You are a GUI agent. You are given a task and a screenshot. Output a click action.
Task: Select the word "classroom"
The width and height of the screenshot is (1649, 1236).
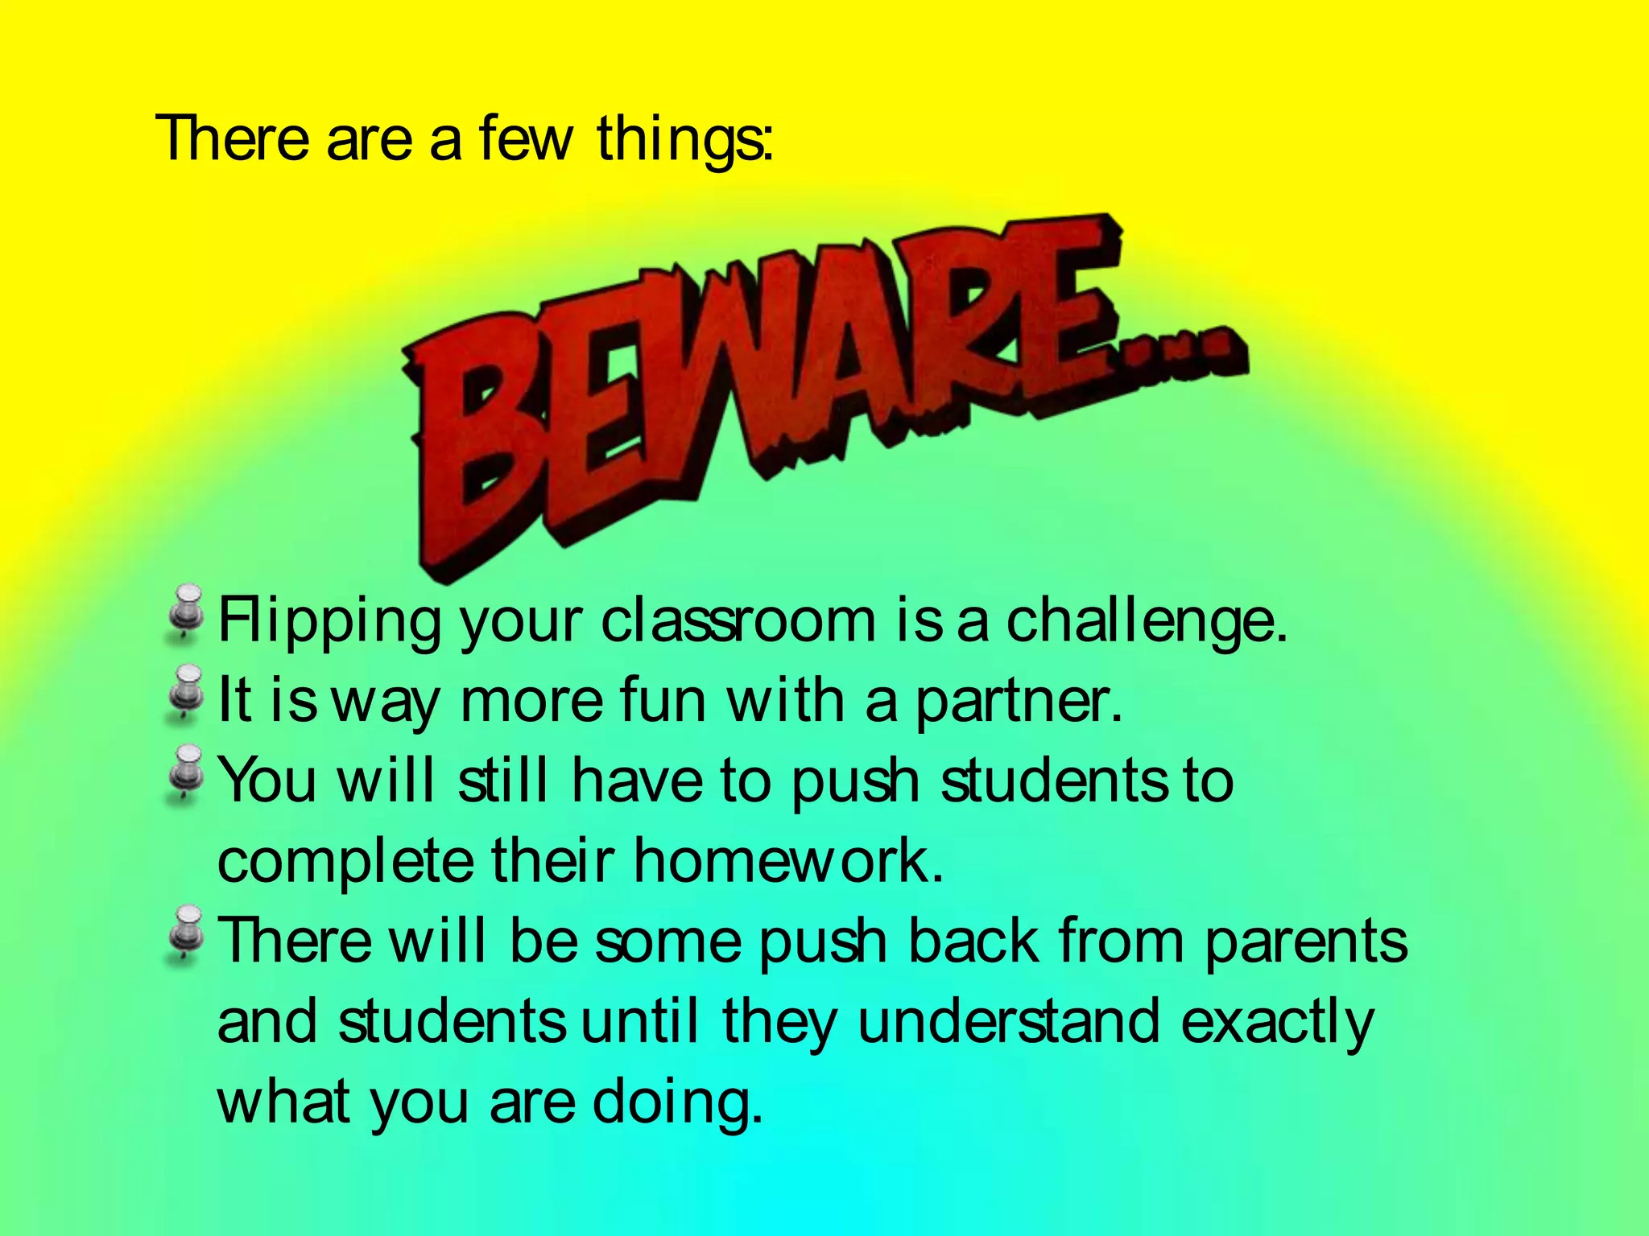tap(738, 621)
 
